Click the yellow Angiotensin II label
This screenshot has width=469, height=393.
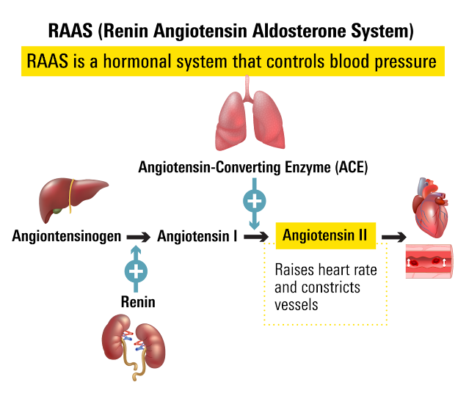pyautogui.click(x=324, y=236)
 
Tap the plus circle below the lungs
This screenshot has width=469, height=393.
pyautogui.click(x=254, y=200)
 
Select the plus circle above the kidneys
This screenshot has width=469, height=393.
pyautogui.click(x=136, y=271)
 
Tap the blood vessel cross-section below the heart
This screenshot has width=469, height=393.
pyautogui.click(x=429, y=262)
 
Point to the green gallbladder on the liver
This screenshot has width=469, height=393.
pyautogui.click(x=57, y=212)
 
